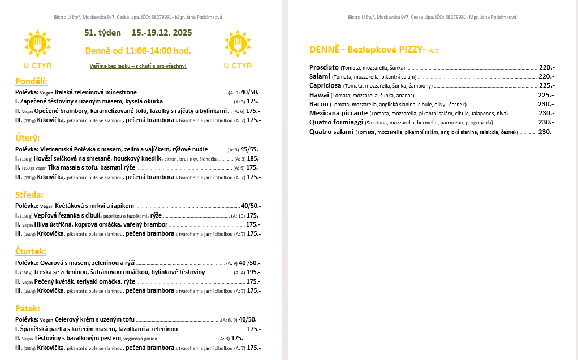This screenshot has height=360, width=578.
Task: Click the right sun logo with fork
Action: (238, 44)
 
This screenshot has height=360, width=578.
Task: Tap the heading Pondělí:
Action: (31, 81)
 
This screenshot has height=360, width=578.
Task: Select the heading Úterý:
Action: (27, 137)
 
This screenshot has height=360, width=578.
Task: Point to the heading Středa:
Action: (29, 195)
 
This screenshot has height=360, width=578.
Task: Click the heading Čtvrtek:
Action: (31, 251)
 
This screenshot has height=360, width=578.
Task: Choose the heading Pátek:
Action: (28, 309)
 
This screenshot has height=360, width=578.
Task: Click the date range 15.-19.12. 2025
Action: (161, 33)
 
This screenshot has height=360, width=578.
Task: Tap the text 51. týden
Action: (102, 33)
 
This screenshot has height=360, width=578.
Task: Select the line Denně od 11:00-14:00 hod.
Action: (137, 51)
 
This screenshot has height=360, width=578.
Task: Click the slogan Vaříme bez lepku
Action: (137, 66)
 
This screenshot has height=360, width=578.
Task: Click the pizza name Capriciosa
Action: (325, 86)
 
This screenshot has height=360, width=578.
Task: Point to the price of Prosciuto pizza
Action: (546, 67)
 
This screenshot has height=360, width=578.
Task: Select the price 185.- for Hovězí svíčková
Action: (253, 159)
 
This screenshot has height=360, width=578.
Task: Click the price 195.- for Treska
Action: (253, 272)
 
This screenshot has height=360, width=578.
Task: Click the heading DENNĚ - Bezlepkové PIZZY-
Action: (368, 50)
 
